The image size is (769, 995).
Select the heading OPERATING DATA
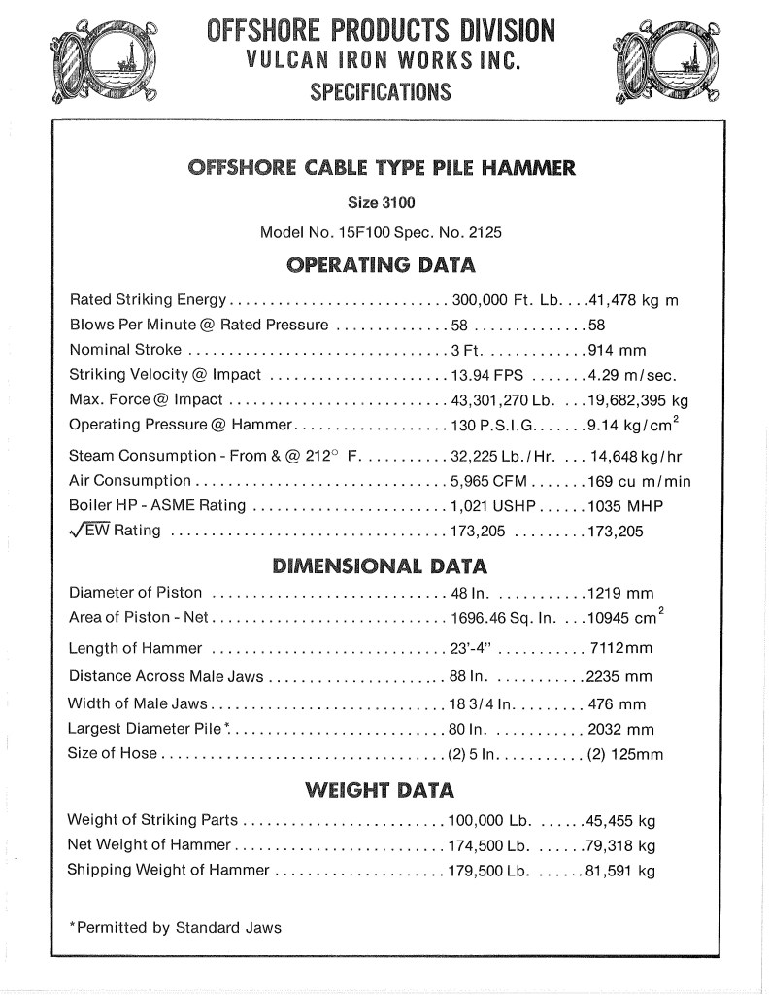[379, 265]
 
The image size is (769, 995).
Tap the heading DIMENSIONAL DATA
[379, 566]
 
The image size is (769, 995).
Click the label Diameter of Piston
[136, 593]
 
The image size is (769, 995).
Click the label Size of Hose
[112, 753]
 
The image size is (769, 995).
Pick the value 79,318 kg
[621, 844]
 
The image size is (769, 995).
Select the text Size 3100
[380, 203]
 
